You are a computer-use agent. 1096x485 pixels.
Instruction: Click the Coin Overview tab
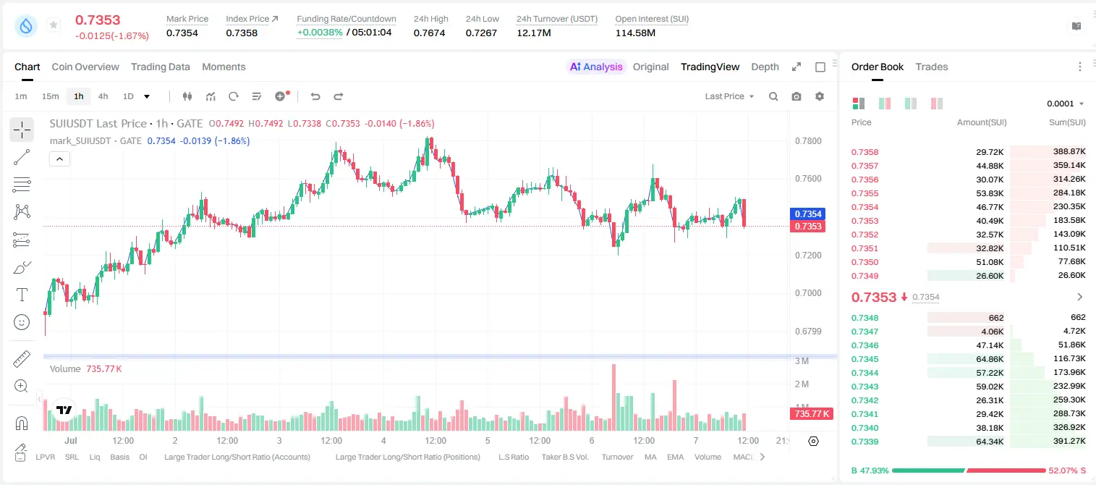click(x=85, y=67)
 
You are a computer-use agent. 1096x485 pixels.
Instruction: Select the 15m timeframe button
click(x=50, y=96)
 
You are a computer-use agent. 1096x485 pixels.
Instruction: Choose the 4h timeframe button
click(x=103, y=96)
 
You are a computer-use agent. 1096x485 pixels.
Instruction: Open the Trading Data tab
click(x=160, y=67)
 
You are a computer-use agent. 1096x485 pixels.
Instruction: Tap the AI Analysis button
click(x=596, y=67)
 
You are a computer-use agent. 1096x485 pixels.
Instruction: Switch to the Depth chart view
click(x=765, y=67)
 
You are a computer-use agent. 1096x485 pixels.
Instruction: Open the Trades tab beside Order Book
click(x=932, y=67)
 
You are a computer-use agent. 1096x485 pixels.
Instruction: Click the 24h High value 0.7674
click(x=429, y=33)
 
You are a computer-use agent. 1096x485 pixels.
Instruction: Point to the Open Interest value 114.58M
click(x=635, y=33)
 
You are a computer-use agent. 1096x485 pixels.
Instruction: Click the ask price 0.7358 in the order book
click(x=865, y=152)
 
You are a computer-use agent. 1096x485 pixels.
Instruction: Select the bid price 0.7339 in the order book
click(x=865, y=442)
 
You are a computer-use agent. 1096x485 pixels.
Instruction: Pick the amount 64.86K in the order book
click(x=990, y=359)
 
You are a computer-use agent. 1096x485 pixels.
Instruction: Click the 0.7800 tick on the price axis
click(x=808, y=141)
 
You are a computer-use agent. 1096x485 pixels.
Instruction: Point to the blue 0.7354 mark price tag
click(x=807, y=214)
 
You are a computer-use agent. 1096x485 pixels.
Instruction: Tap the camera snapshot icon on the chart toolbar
click(x=796, y=96)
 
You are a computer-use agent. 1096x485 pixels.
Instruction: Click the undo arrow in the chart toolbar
click(x=315, y=96)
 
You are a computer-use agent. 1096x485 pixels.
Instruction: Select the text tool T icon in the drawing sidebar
click(x=22, y=295)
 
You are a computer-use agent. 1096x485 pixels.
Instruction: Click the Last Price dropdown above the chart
click(x=729, y=96)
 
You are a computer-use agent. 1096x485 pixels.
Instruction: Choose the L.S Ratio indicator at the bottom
click(x=513, y=457)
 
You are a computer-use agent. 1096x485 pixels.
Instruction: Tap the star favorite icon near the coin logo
click(x=54, y=25)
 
